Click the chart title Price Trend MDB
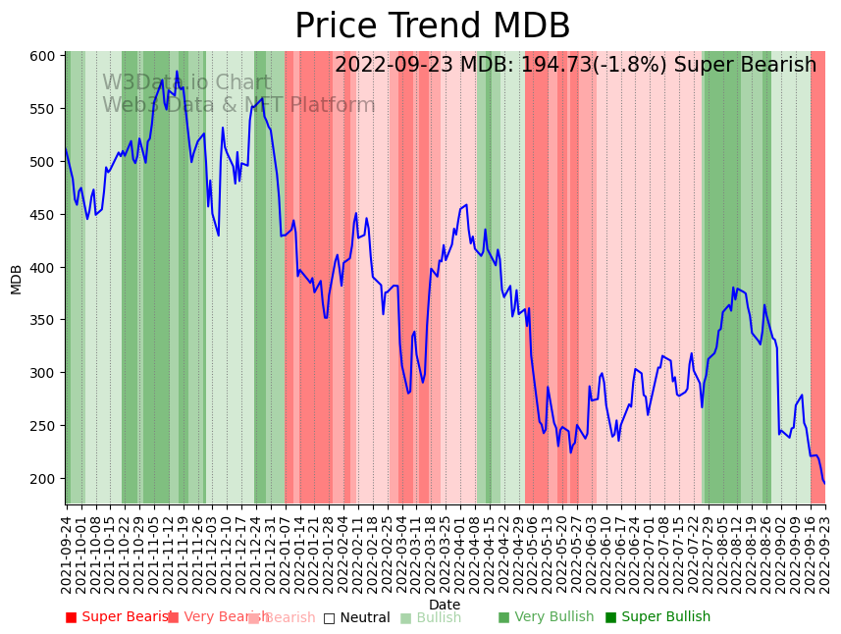[x=432, y=26]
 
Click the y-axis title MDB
[x=17, y=279]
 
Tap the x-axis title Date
[x=444, y=605]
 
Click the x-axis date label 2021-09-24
[x=67, y=554]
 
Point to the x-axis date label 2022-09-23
[x=824, y=554]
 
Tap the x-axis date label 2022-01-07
[x=286, y=554]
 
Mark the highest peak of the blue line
[x=177, y=72]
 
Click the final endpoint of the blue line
[x=824, y=483]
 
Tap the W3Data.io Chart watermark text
[x=186, y=82]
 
